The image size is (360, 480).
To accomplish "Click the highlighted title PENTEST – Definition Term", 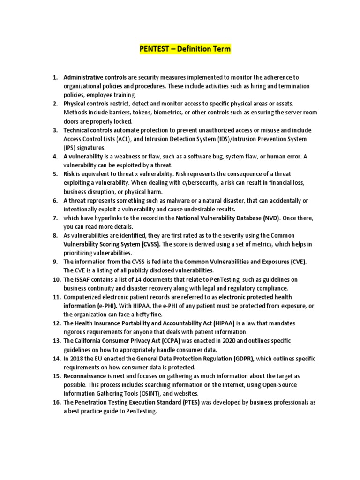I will point(185,49).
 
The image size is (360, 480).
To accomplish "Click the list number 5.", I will point(55,174).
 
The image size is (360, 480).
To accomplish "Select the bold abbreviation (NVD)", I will point(270,218).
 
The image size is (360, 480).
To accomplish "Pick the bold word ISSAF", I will point(82,280).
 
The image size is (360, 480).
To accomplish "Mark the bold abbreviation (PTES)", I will point(190,403).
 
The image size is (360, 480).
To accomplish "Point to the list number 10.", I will point(56,280).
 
